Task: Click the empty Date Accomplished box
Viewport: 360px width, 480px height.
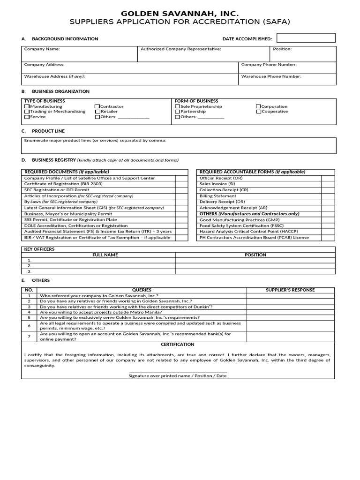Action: point(306,38)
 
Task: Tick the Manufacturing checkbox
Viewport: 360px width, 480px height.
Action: point(27,107)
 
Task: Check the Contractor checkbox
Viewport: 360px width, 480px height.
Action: point(97,107)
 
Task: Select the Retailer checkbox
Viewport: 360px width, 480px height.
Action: point(97,112)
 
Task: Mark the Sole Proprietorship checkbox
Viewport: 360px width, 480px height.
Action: point(177,107)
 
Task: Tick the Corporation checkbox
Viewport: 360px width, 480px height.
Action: point(258,107)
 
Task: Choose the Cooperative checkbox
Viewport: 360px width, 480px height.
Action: point(258,112)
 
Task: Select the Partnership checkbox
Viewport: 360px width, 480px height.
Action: point(177,112)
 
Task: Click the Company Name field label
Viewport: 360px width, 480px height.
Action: point(42,49)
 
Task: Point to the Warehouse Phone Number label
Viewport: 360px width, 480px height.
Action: point(271,76)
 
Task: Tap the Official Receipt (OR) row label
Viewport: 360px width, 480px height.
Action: point(221,178)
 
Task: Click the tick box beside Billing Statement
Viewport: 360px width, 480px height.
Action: point(328,196)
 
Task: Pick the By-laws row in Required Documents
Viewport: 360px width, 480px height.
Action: point(61,202)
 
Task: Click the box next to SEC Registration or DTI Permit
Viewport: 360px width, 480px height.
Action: point(181,190)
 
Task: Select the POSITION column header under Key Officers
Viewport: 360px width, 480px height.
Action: point(255,255)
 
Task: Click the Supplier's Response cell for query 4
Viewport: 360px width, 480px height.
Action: point(291,312)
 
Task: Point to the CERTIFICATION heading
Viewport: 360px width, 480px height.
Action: point(178,345)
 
